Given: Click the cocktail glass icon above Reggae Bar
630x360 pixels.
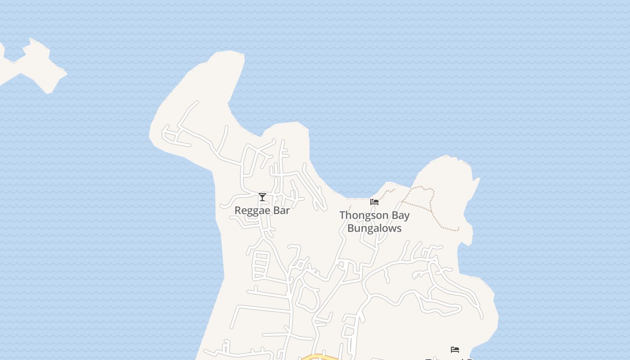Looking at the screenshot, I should (262, 197).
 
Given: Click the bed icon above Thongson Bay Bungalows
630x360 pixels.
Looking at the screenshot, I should (374, 202).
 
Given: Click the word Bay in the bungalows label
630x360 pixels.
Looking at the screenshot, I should (400, 216).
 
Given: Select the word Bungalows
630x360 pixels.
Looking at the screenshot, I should (374, 228).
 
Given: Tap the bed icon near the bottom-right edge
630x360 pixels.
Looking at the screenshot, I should (455, 350).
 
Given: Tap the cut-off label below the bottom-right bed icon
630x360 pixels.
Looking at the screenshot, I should (450, 359).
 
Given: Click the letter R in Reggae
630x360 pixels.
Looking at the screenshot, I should (238, 210).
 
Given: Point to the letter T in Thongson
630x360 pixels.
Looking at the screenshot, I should (342, 215).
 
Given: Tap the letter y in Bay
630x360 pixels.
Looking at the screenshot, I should (407, 216).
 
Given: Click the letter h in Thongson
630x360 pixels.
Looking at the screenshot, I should (348, 215).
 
